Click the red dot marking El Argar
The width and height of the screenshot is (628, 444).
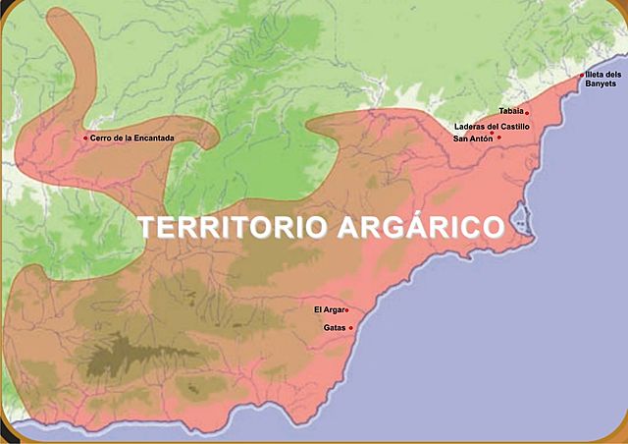(346, 310)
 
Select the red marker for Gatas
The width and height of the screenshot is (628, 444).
(350, 328)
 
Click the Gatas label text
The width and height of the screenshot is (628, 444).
(334, 328)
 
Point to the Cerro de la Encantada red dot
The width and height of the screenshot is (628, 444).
(85, 138)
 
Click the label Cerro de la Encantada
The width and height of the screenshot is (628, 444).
(132, 138)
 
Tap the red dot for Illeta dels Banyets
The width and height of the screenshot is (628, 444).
(581, 75)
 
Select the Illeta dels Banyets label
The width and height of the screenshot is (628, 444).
(602, 80)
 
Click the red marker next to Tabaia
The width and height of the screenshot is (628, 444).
(527, 112)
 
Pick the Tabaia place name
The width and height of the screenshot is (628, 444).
(510, 112)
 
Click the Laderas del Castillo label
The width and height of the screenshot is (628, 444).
(491, 126)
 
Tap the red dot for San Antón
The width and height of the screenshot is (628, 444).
(498, 138)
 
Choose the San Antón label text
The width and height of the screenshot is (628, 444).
(472, 139)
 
